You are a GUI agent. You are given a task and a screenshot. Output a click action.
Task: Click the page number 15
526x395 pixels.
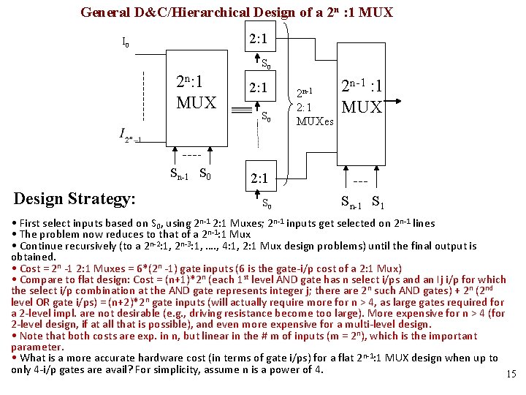click(x=511, y=375)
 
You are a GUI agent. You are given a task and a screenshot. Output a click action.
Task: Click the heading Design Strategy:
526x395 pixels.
click(x=74, y=198)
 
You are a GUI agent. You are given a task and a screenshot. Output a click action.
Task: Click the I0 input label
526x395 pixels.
click(x=126, y=43)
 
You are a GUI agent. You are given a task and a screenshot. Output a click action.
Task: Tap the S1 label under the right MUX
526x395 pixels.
click(x=379, y=202)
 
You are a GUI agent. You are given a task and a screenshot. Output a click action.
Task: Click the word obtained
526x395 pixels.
click(x=34, y=257)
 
